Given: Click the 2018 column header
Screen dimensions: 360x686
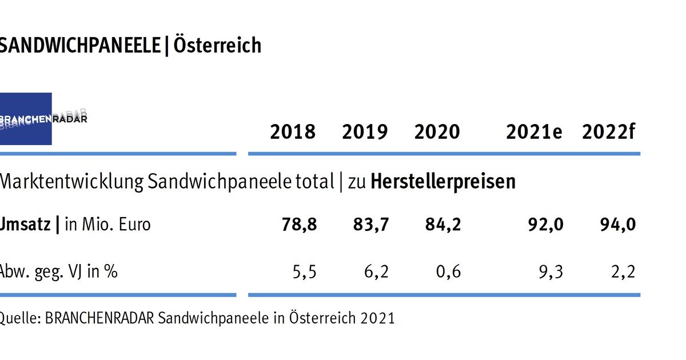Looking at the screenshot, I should pyautogui.click(x=293, y=132).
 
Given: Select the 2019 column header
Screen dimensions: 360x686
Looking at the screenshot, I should pyautogui.click(x=365, y=132).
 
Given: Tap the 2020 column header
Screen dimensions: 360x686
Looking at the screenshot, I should pyautogui.click(x=437, y=132).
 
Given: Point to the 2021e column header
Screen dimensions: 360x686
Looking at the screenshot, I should pyautogui.click(x=534, y=132).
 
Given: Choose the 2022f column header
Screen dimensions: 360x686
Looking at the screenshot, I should pyautogui.click(x=609, y=132).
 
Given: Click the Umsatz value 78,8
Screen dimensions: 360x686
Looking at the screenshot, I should pyautogui.click(x=299, y=225).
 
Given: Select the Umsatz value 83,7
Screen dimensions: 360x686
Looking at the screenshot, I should pyautogui.click(x=372, y=225).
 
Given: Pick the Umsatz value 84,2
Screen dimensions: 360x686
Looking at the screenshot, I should pyautogui.click(x=443, y=225).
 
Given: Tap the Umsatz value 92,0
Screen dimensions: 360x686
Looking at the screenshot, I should pyautogui.click(x=546, y=225).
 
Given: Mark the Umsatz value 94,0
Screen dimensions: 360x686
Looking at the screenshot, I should pyautogui.click(x=618, y=225).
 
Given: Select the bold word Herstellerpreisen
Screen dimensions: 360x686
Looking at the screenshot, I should pyautogui.click(x=443, y=182).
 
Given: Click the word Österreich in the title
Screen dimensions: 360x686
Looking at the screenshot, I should pyautogui.click(x=217, y=45).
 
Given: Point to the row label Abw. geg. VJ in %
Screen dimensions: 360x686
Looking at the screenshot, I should pyautogui.click(x=58, y=271).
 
